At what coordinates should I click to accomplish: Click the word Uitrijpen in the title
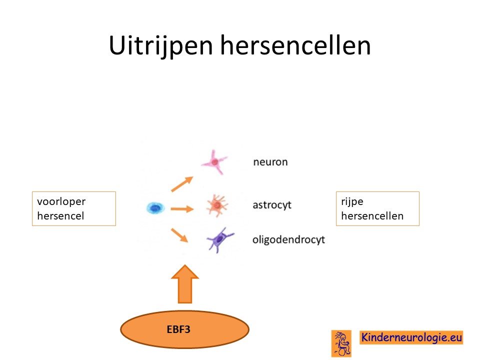tap(160, 45)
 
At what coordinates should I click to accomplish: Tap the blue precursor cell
tap(155, 208)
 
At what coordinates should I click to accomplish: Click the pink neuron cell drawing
tap(215, 162)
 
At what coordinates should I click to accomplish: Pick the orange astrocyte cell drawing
tap(217, 205)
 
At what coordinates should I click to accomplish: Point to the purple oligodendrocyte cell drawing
tap(219, 239)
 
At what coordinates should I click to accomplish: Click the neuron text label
tap(270, 162)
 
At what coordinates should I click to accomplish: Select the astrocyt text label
tap(272, 205)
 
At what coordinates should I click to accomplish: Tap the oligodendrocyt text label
tap(288, 239)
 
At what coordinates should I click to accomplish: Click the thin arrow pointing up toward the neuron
tap(182, 184)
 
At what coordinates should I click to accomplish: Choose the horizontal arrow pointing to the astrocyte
tap(182, 209)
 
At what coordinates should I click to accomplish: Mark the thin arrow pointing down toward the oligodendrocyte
tap(179, 235)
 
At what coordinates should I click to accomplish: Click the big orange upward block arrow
tap(185, 284)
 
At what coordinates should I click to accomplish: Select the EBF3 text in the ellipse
tap(178, 329)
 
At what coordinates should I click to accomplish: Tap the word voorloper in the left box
tap(61, 201)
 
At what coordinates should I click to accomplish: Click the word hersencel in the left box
tap(60, 216)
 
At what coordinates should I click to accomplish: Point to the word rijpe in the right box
tap(352, 201)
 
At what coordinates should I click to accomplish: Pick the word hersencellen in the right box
tap(372, 216)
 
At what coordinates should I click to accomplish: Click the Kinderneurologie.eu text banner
tap(411, 337)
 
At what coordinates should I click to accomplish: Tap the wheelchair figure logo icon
tap(341, 343)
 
